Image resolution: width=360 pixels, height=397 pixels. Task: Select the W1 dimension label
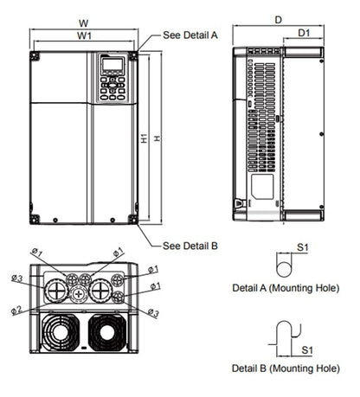point(84,36)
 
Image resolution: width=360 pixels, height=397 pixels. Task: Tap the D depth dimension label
point(278,18)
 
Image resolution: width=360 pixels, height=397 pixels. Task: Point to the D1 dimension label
point(304,33)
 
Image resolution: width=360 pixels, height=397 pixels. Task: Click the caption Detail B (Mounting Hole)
point(286,368)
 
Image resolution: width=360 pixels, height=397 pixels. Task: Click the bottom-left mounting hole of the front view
point(35,219)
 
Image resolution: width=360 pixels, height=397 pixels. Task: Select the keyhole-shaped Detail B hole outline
point(283,334)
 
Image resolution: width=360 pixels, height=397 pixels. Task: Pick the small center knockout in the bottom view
point(80,295)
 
